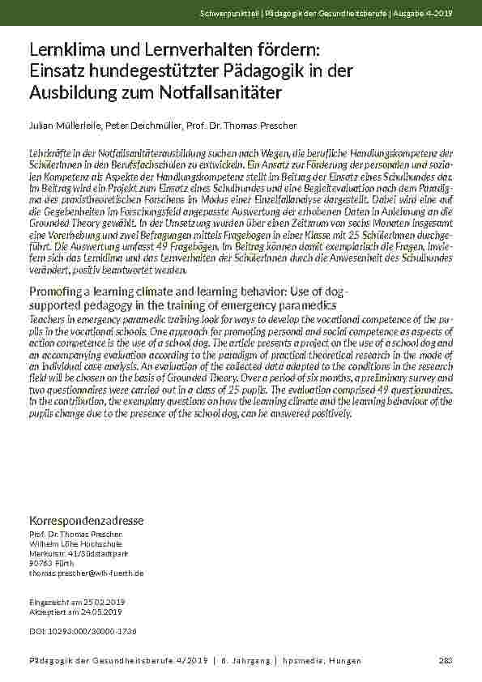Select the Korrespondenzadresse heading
(86, 518)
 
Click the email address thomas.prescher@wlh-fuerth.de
(86, 573)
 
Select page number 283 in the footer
(445, 661)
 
